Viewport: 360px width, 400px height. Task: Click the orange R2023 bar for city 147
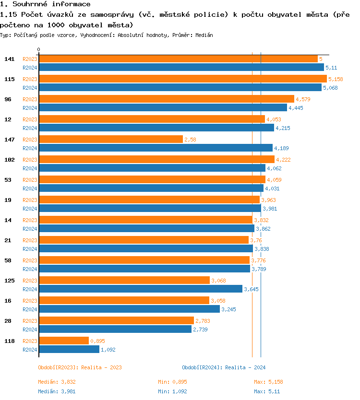[111, 139]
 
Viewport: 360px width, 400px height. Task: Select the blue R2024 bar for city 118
[69, 349]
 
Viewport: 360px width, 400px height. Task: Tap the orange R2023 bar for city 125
[124, 280]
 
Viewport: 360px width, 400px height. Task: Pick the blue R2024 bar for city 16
[129, 309]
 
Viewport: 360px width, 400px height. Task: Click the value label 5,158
[336, 79]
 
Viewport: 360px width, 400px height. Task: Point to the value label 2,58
[191, 140]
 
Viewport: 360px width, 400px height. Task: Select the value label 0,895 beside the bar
[97, 341]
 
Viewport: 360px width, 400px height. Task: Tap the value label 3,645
[251, 289]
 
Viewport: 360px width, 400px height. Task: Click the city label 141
[10, 59]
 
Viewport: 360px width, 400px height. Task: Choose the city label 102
[10, 160]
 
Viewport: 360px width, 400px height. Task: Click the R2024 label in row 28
[30, 329]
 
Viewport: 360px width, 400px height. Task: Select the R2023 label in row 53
[30, 180]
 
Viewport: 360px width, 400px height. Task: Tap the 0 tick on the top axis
[39, 49]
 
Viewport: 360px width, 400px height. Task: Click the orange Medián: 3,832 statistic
[57, 382]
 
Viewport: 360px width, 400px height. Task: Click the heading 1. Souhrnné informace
[45, 4]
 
